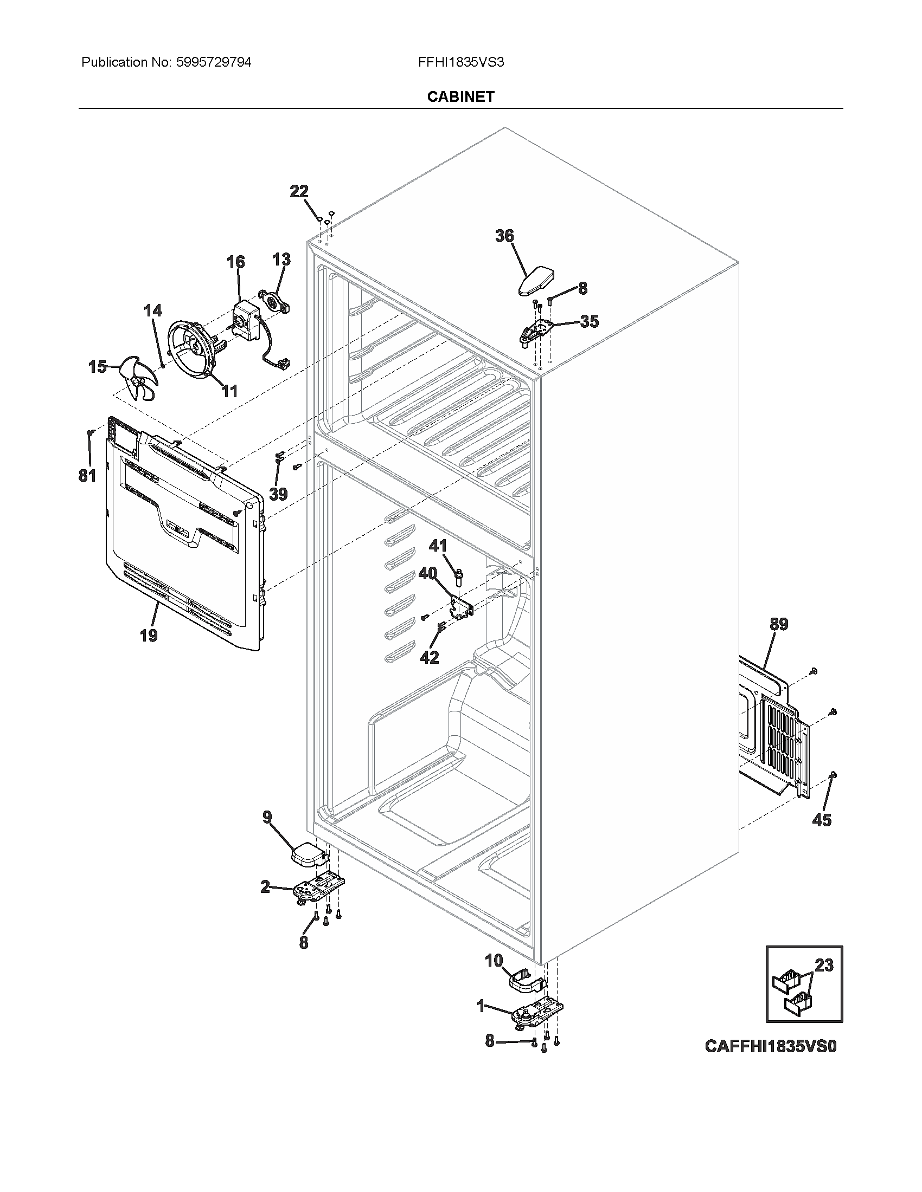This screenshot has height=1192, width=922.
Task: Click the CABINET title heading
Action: (x=460, y=96)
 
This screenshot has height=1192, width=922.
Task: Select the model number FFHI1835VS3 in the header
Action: (x=460, y=62)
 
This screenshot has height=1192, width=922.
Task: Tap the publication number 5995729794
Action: (x=213, y=62)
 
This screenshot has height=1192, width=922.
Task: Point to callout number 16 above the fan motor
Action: (x=236, y=262)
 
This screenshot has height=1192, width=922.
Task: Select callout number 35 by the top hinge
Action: (x=589, y=321)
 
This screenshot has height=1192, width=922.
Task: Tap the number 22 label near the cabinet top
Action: (x=299, y=192)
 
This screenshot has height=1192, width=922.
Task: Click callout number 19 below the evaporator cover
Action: (x=149, y=636)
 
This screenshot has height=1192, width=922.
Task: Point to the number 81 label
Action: (x=87, y=475)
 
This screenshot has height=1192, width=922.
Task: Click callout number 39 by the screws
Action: (x=279, y=495)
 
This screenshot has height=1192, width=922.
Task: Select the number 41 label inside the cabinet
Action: (x=438, y=545)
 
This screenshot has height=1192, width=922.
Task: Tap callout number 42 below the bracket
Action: (x=430, y=658)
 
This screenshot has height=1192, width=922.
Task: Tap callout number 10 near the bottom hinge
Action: (x=494, y=961)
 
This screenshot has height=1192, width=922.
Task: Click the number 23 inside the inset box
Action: (x=824, y=966)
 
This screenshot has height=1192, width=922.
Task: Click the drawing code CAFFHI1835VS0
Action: (x=771, y=1046)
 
